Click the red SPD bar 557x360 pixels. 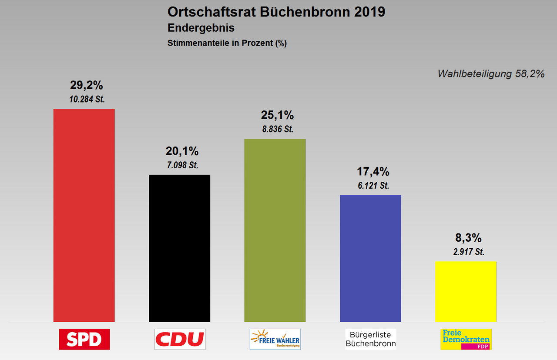[x=84, y=215]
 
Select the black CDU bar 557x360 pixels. [x=179, y=248]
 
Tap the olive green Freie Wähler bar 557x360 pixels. [x=275, y=230]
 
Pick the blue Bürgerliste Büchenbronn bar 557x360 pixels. [x=370, y=258]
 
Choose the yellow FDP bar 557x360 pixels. [x=466, y=291]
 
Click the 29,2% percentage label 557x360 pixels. [x=87, y=85]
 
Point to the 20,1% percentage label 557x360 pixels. [x=182, y=151]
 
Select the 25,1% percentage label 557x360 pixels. [x=277, y=115]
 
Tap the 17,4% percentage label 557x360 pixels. [x=372, y=172]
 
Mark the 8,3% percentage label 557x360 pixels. [x=468, y=238]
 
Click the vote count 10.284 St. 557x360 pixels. [x=87, y=99]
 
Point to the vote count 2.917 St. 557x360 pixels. [x=468, y=252]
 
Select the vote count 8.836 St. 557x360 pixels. [x=277, y=129]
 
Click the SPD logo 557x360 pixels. [x=84, y=339]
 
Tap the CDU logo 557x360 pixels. [x=180, y=339]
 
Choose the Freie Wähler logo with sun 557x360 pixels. [x=275, y=339]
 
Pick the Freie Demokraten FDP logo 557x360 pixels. [x=466, y=339]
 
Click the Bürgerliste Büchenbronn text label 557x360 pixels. [x=371, y=339]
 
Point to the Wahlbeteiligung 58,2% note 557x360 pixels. [x=491, y=74]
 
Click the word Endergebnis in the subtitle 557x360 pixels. [x=201, y=28]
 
